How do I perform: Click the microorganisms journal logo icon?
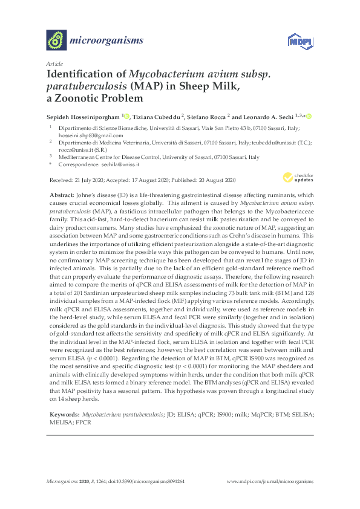[56, 41]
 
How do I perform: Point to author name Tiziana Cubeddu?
[162, 116]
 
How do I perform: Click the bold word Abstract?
[61, 195]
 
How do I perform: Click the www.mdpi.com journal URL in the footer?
[270, 481]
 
